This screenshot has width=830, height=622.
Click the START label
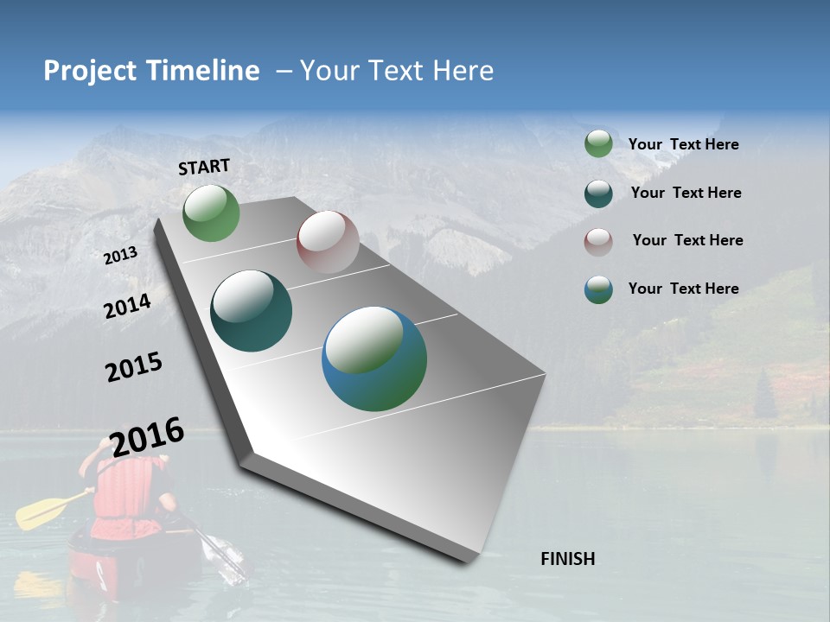204,167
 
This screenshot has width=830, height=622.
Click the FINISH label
568,559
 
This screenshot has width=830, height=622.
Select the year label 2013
120,256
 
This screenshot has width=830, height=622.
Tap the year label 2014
127,306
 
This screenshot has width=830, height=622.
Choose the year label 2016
148,436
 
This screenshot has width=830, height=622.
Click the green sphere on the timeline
211,213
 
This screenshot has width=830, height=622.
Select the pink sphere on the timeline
328,242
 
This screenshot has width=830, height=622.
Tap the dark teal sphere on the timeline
251,311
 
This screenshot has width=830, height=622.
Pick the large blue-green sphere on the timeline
374,359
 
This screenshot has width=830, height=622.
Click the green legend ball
598,144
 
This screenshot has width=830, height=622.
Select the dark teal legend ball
598,194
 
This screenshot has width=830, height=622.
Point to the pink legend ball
598,241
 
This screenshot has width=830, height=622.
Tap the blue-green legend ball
598,289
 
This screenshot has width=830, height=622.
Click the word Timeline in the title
203,71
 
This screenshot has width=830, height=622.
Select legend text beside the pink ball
687,240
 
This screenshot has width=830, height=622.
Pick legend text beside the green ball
683,144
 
